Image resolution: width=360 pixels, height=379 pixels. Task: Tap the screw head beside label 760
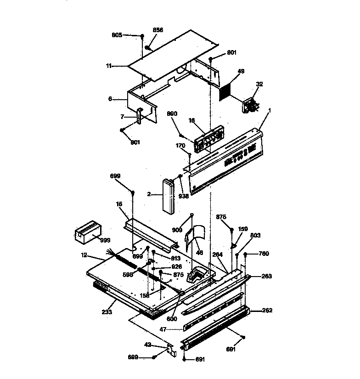click(246, 254)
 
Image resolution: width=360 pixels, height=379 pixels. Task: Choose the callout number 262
click(267, 311)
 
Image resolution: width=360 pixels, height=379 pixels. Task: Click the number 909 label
click(177, 229)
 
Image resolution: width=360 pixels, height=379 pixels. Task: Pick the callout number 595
click(128, 274)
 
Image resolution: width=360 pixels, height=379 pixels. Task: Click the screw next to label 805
click(143, 36)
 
